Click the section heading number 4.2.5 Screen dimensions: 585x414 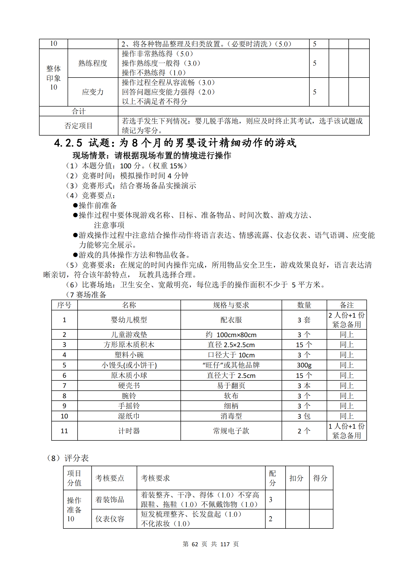(68, 143)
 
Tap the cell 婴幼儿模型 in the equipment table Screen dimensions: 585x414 (129, 320)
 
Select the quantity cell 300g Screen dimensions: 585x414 (304, 365)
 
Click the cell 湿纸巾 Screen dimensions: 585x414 (129, 416)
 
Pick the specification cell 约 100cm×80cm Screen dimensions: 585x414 (231, 335)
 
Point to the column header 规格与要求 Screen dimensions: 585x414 (231, 305)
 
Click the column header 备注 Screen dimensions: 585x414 (347, 305)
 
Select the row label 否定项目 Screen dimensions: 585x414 (79, 126)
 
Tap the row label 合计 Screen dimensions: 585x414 (79, 111)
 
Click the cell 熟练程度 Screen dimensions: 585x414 (93, 63)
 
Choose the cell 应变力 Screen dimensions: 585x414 (93, 92)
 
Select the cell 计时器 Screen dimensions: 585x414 (129, 431)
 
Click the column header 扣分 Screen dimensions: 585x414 (296, 478)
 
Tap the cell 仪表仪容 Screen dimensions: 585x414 (110, 519)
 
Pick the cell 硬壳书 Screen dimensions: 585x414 (129, 385)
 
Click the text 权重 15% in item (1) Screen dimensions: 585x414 (168, 166)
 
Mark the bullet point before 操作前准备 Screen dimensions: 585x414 (75, 205)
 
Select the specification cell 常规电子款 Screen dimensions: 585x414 (231, 431)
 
